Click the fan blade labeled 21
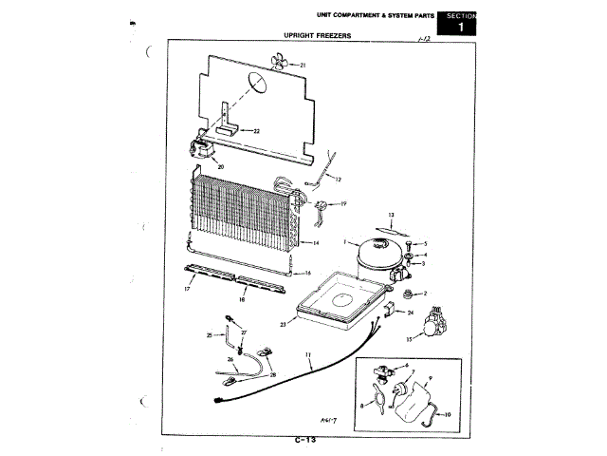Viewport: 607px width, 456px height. coord(277,64)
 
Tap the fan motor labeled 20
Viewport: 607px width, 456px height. coord(203,148)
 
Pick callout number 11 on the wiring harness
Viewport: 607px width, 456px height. coord(309,355)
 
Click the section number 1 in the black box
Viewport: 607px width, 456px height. coord(461,28)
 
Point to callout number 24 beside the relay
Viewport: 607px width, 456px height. coord(412,312)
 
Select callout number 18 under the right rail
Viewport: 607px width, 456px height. coord(243,298)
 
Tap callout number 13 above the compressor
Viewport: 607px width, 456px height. coord(390,216)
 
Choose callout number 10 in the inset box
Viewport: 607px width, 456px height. coord(449,415)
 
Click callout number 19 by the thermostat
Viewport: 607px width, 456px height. coord(343,203)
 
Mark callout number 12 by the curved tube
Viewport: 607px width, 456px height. coord(337,179)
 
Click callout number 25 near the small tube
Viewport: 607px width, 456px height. coord(210,335)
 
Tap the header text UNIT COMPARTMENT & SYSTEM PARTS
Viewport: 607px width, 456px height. coord(368,15)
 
